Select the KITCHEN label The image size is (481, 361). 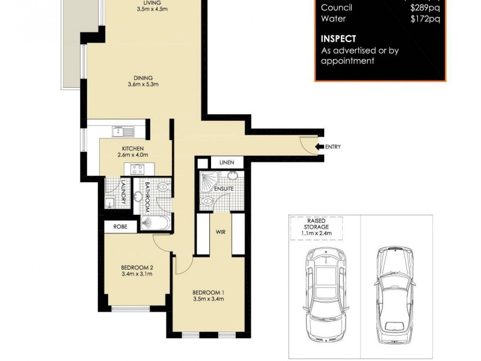click(132, 149)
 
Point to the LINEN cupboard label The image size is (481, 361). click(226, 162)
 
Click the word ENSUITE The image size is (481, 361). click(224, 189)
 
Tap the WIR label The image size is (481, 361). click(220, 230)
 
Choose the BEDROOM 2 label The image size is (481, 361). click(136, 268)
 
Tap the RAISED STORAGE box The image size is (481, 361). click(317, 229)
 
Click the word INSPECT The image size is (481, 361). click(338, 39)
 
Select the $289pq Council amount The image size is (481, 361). click(424, 8)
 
